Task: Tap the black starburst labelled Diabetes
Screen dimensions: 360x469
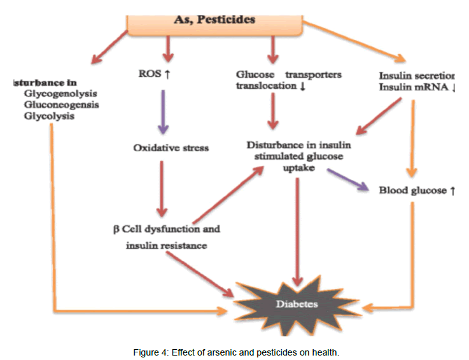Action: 297,304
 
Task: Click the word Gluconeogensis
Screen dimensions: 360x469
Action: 61,105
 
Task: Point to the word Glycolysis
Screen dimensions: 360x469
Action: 48,116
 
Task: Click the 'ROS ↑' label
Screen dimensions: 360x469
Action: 155,74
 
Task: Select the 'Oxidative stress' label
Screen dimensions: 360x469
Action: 171,148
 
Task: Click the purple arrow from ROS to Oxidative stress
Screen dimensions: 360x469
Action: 163,111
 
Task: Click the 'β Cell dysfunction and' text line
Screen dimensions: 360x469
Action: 167,228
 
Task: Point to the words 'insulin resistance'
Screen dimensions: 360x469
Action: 166,246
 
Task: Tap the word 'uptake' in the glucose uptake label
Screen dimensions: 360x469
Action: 293,168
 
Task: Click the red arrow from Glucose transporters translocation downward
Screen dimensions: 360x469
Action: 274,113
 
